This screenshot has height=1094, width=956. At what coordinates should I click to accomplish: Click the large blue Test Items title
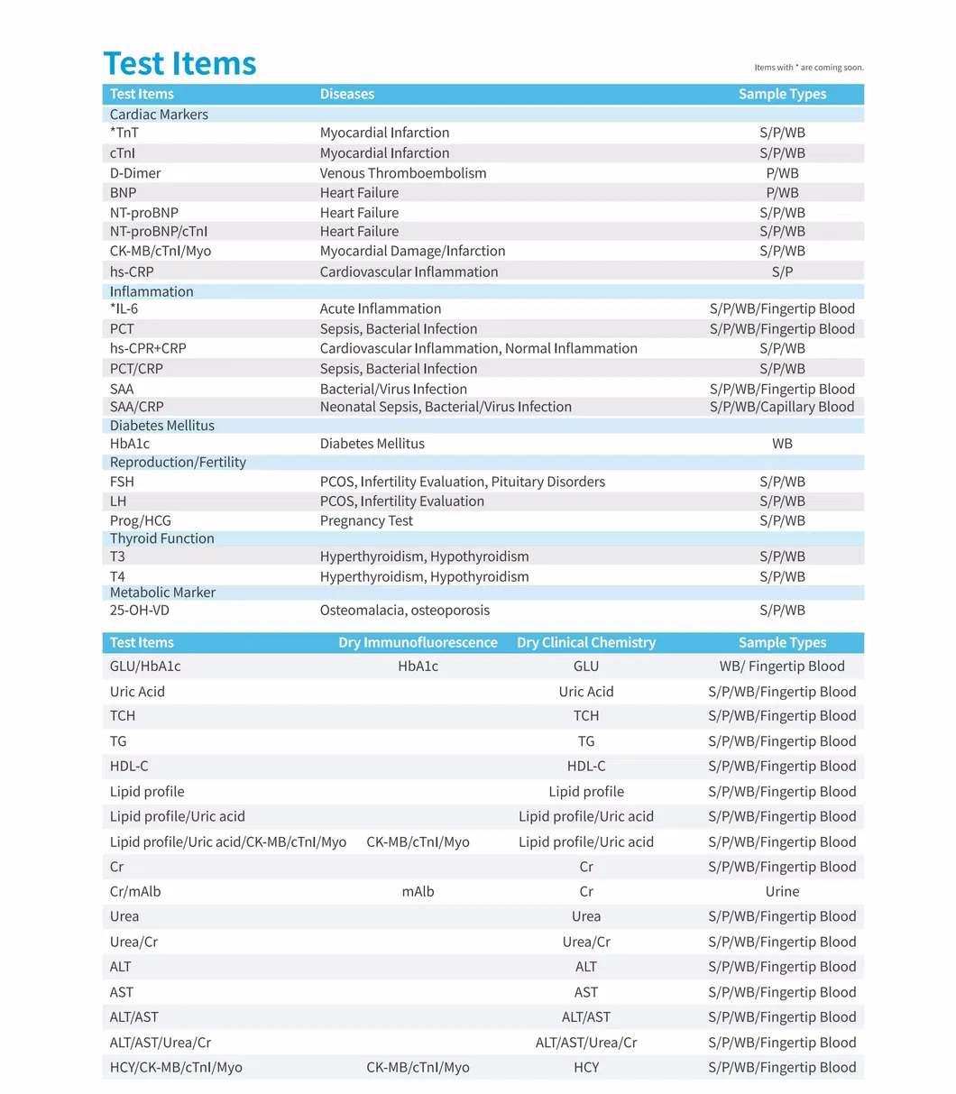pyautogui.click(x=179, y=63)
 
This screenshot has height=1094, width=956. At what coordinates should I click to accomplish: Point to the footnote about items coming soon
pyautogui.click(x=808, y=68)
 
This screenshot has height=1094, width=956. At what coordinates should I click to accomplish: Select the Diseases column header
pyautogui.click(x=346, y=94)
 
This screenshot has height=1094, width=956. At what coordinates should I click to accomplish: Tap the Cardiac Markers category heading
pyautogui.click(x=159, y=115)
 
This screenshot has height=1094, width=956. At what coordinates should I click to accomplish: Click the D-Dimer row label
pyautogui.click(x=135, y=173)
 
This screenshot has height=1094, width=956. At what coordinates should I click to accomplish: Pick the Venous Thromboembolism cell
pyautogui.click(x=402, y=173)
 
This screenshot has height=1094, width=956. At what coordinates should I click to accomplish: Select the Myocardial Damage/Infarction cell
pyautogui.click(x=412, y=251)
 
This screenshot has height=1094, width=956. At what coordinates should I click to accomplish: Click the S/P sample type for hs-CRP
pyautogui.click(x=782, y=271)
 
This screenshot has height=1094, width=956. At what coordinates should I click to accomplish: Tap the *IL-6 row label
pyautogui.click(x=124, y=308)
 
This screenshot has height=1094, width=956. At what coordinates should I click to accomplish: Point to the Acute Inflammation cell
pyautogui.click(x=381, y=308)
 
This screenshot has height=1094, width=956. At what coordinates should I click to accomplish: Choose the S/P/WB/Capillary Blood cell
pyautogui.click(x=781, y=407)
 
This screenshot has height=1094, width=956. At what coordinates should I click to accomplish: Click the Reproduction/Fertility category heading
pyautogui.click(x=178, y=462)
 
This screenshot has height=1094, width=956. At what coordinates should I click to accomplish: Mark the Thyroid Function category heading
pyautogui.click(x=162, y=538)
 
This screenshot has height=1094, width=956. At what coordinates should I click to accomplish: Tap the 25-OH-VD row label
pyautogui.click(x=140, y=611)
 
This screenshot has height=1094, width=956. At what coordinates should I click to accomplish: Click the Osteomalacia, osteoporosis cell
pyautogui.click(x=405, y=611)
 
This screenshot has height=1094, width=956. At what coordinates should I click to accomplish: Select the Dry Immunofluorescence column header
pyautogui.click(x=418, y=642)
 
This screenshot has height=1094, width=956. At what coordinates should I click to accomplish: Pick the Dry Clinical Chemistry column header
pyautogui.click(x=586, y=642)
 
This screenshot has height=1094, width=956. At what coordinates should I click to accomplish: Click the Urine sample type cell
pyautogui.click(x=782, y=891)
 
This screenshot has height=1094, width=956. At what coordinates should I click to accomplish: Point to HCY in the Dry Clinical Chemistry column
pyautogui.click(x=586, y=1067)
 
